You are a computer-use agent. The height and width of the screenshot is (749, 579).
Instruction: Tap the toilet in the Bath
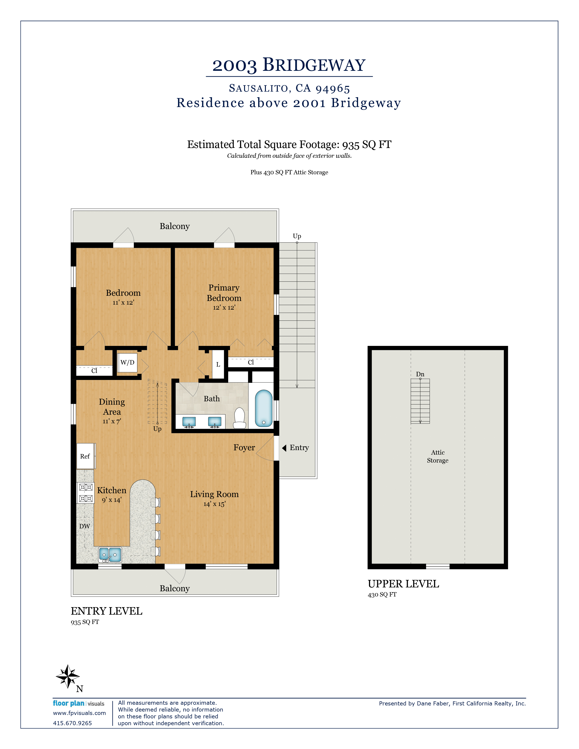239,418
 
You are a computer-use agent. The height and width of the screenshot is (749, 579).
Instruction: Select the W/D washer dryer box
127,362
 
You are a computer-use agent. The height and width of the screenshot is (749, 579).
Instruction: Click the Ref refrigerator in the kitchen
85,456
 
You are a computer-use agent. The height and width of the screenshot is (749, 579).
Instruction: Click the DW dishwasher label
85,526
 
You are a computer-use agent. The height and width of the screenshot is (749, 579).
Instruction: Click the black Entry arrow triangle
284,448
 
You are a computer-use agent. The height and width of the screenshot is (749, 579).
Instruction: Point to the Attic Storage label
438,456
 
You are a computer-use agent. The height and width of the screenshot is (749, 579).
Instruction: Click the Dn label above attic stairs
420,374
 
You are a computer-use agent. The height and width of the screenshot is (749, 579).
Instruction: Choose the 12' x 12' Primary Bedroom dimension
224,308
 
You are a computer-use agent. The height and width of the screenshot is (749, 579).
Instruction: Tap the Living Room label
214,494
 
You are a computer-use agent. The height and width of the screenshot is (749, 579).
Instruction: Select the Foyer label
244,448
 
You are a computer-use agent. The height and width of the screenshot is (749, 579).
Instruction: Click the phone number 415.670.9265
72,723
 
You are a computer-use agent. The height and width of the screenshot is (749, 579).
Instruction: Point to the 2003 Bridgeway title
289,65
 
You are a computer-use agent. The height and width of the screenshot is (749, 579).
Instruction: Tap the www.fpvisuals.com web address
79,713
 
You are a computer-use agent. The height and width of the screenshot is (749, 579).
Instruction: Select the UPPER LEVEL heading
403,584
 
